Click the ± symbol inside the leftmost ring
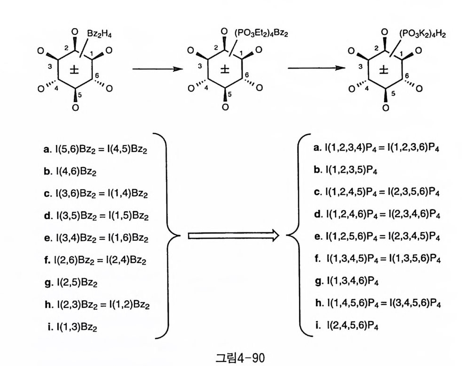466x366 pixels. point(74,70)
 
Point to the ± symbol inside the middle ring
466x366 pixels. point(225,70)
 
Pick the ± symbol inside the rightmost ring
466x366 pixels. point(384,70)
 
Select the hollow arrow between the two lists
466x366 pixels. point(233,235)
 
